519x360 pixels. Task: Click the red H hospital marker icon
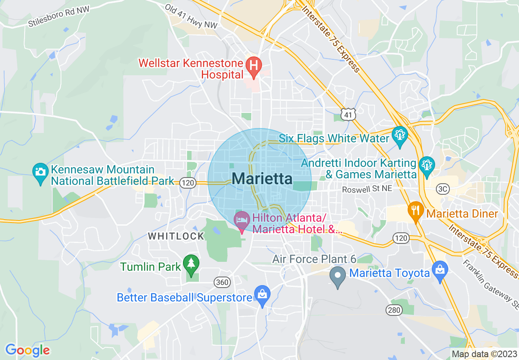pos(253,65)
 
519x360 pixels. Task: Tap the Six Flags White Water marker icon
pos(399,134)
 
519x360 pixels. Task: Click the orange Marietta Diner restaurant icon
pos(416,210)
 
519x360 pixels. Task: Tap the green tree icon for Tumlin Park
pos(191,262)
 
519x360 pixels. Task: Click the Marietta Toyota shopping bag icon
pos(440,270)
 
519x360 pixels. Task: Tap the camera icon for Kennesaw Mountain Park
pos(40,171)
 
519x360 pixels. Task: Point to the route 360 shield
pos(222,282)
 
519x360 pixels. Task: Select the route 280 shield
pos(394,310)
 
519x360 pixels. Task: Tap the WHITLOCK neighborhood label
pos(176,236)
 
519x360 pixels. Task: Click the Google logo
pos(27,350)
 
